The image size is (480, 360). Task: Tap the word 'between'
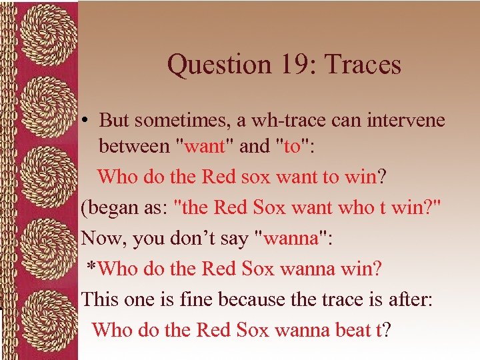(x=133, y=146)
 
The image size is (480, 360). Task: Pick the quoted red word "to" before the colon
(x=292, y=146)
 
